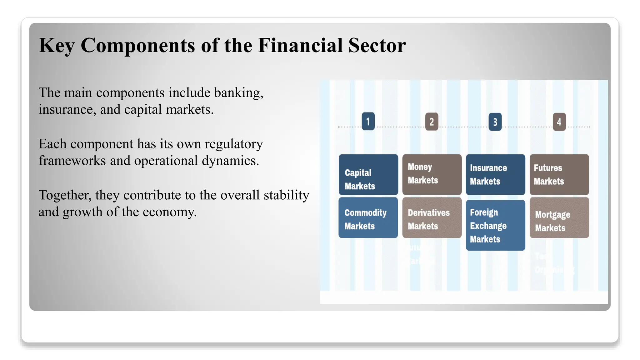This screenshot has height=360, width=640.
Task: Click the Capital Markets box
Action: [x=368, y=174]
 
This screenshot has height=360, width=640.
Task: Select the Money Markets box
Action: [x=432, y=174]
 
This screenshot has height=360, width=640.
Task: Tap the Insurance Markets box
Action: [x=495, y=174]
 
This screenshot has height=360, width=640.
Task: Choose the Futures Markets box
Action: [x=559, y=174]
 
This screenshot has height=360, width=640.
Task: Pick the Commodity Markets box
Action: [x=368, y=217]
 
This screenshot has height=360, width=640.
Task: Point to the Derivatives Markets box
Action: [x=432, y=217]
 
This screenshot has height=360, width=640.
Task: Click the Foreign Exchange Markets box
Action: [x=495, y=225]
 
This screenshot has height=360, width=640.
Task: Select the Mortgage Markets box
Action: [x=559, y=217]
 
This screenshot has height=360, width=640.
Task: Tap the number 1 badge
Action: [x=368, y=121]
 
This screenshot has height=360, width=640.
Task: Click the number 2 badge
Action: [x=432, y=122]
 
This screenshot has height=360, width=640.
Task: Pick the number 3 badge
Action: [x=495, y=122]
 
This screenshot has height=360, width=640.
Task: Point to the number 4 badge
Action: [x=559, y=122]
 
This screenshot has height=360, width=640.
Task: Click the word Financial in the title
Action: [x=300, y=45]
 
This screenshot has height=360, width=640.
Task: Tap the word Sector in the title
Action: [x=377, y=45]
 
